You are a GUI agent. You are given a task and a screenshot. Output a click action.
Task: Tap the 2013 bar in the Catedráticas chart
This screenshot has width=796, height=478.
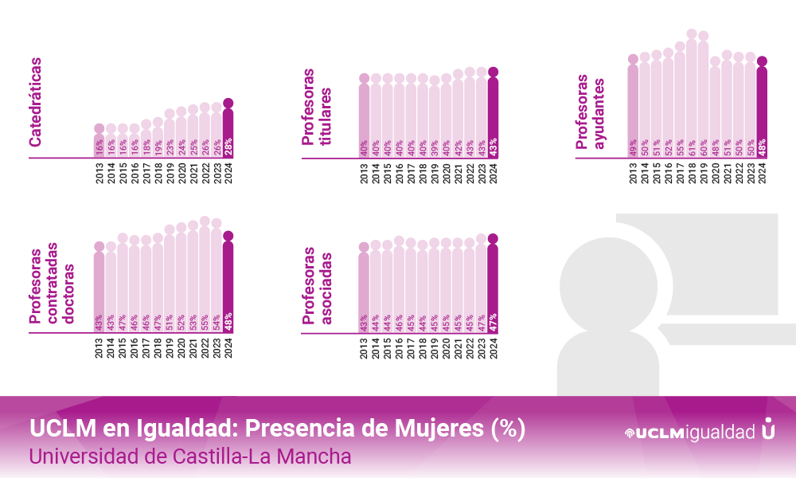[99, 142]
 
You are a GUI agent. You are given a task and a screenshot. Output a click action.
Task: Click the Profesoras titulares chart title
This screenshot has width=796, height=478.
[317, 107]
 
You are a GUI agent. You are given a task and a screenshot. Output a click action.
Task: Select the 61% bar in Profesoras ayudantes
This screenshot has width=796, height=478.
[692, 96]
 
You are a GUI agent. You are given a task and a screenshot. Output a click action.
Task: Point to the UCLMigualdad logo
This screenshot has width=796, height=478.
[700, 432]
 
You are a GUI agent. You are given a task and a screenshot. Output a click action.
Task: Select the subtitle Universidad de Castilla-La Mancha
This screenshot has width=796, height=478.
[190, 457]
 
